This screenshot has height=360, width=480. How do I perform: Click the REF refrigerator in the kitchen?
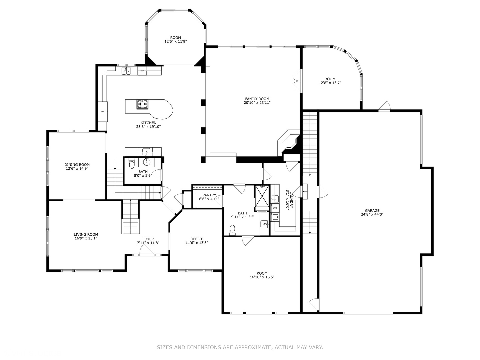click(103, 112)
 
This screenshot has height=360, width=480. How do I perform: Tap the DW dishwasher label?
click(142, 71)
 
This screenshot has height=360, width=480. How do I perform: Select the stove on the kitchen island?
click(142, 104)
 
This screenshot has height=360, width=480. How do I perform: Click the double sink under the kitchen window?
click(126, 71)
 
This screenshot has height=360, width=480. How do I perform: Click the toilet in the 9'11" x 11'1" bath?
click(232, 230)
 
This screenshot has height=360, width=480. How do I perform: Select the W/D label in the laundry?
click(275, 208)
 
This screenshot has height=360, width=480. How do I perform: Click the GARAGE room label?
click(372, 211)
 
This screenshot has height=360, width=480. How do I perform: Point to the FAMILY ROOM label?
click(257, 99)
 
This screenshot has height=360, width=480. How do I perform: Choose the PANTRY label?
click(209, 195)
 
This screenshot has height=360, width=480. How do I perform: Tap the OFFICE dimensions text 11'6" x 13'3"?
click(197, 243)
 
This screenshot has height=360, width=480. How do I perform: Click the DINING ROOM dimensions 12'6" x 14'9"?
click(77, 168)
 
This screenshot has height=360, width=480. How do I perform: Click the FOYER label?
click(148, 239)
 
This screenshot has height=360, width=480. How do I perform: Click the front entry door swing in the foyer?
click(147, 249)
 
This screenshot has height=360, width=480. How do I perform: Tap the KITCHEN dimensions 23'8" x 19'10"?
click(148, 127)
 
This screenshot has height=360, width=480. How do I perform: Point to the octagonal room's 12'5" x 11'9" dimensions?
click(176, 41)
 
